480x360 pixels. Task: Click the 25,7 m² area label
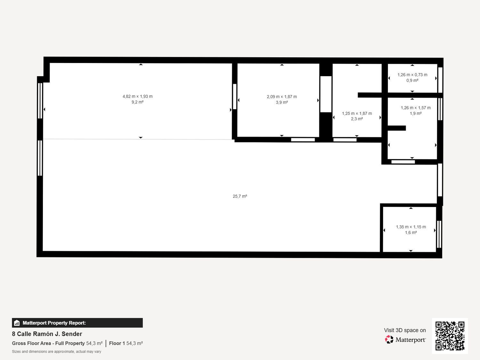(240, 196)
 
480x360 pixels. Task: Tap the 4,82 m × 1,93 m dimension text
(138, 96)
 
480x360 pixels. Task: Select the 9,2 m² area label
(138, 102)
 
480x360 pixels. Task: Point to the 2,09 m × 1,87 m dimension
(282, 97)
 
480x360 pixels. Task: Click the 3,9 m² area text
(282, 102)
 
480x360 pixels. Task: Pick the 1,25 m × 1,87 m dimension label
(357, 114)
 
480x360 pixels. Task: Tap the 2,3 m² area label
(357, 119)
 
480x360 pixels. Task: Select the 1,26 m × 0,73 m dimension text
(412, 75)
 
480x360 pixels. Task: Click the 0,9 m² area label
(412, 80)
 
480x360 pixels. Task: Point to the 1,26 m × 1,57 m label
(415, 108)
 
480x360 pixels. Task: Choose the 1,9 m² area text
(415, 114)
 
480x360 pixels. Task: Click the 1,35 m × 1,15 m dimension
(411, 227)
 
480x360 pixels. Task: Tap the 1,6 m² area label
(411, 233)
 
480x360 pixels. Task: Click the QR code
(450, 336)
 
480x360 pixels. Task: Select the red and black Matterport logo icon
(389, 340)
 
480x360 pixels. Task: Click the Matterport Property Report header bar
(77, 323)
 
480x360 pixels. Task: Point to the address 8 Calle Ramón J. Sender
(47, 334)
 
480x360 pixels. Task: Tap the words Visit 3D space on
(405, 330)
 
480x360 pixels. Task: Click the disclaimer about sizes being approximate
(56, 351)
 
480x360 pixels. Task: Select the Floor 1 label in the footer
(117, 343)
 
